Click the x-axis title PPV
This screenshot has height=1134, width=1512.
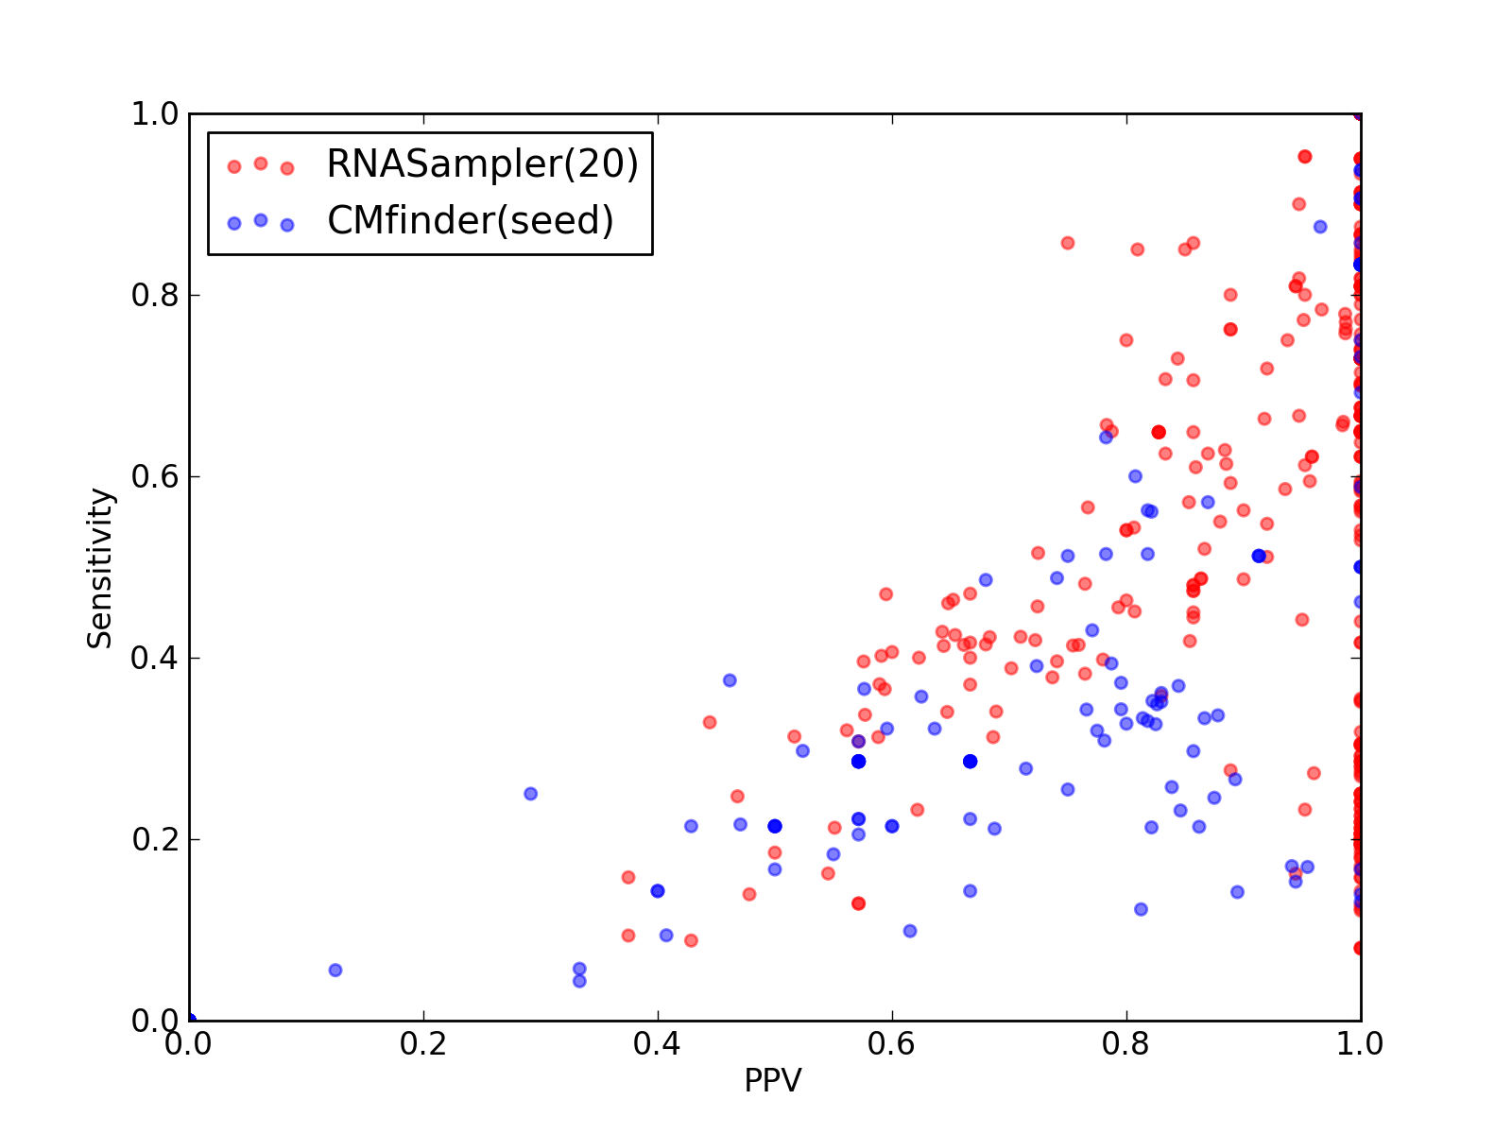[772, 1080]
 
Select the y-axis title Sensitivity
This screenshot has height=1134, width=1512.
[100, 568]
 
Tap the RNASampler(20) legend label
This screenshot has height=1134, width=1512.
[482, 163]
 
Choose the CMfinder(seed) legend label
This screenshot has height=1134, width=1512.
[470, 220]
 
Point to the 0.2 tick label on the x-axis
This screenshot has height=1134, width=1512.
[423, 1044]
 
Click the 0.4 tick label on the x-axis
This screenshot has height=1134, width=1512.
[657, 1044]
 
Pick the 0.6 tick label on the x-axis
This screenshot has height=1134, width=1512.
[891, 1044]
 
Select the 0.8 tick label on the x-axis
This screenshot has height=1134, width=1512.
[1125, 1044]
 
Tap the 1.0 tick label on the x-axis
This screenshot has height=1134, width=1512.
[1360, 1044]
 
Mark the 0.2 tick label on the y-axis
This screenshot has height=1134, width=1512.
[155, 839]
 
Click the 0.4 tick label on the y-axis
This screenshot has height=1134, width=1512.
[155, 659]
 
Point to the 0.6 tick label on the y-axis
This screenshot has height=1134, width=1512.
[155, 476]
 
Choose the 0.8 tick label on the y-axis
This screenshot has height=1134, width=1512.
[155, 296]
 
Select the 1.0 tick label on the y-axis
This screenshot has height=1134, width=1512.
[155, 113]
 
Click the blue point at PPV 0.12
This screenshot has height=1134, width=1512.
[335, 971]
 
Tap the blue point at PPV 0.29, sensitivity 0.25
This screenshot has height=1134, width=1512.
[530, 794]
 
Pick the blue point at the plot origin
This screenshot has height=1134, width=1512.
[190, 1020]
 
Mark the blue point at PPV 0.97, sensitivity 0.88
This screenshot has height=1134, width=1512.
[1320, 227]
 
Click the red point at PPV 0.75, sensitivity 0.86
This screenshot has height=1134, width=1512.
[1068, 243]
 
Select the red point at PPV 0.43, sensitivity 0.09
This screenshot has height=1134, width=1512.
[691, 940]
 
